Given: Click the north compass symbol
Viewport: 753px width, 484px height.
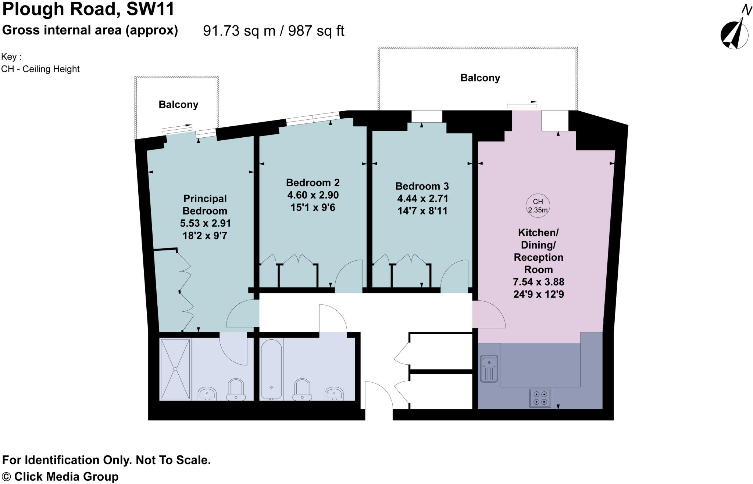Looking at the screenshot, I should pyautogui.click(x=734, y=35).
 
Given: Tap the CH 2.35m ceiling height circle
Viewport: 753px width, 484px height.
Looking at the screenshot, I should pyautogui.click(x=538, y=206).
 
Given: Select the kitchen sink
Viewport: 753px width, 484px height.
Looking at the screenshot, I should pyautogui.click(x=489, y=368).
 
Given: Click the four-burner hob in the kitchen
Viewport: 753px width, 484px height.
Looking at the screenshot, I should pyautogui.click(x=540, y=398).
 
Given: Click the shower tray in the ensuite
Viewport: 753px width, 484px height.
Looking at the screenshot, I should pyautogui.click(x=175, y=369).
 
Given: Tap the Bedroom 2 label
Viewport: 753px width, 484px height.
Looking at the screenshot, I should pyautogui.click(x=313, y=183).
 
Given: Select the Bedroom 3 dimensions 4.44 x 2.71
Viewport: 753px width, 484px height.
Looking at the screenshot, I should pyautogui.click(x=422, y=199).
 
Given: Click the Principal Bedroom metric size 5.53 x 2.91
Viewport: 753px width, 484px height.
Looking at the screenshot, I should pyautogui.click(x=205, y=223).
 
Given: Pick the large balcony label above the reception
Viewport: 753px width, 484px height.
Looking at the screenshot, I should pyautogui.click(x=480, y=78).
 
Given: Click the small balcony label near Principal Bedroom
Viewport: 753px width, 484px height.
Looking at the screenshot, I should pyautogui.click(x=178, y=105).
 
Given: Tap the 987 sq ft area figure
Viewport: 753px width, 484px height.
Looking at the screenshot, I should pyautogui.click(x=316, y=31).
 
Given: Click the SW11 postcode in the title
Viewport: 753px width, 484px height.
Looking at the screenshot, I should pyautogui.click(x=150, y=9).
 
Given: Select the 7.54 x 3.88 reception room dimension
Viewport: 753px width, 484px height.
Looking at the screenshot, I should pyautogui.click(x=538, y=282).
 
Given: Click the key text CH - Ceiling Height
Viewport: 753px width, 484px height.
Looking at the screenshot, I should pyautogui.click(x=40, y=69).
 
